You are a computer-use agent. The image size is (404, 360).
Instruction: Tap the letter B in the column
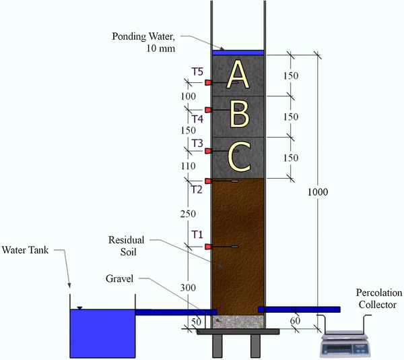click(238, 113)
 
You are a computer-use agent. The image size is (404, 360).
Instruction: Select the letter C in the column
click(239, 156)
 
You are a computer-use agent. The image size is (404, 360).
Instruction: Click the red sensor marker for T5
click(208, 82)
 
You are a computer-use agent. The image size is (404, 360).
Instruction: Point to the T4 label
click(197, 119)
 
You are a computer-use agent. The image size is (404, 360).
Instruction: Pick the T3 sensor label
click(197, 143)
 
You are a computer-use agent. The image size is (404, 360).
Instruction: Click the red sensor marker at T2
click(208, 181)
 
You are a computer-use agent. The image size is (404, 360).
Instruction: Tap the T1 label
click(197, 235)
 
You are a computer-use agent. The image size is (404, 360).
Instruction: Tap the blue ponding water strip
click(238, 52)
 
